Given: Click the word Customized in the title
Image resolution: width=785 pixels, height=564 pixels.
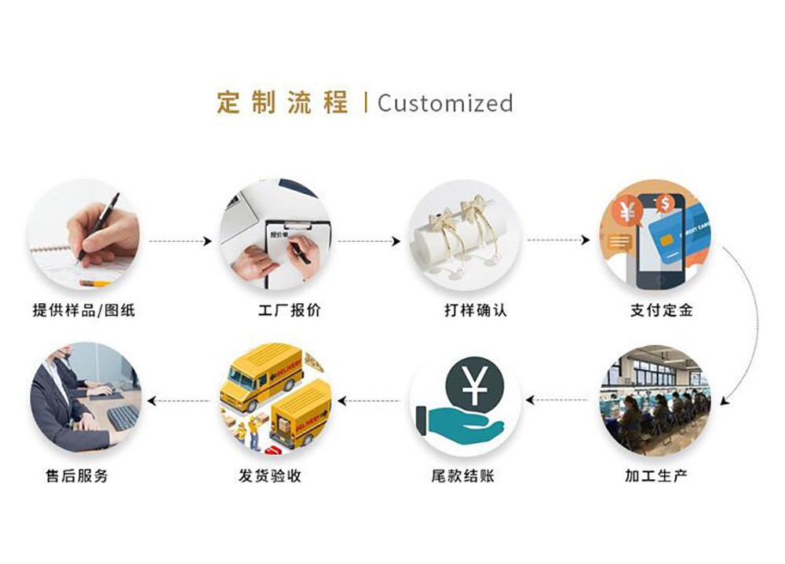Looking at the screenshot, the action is (x=445, y=103).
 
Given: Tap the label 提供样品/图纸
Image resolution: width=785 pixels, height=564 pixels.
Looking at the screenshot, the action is (x=83, y=310).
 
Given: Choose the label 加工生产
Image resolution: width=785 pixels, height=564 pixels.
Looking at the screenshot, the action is (x=656, y=475).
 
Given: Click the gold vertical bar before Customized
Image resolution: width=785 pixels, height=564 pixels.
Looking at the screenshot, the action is (x=366, y=103).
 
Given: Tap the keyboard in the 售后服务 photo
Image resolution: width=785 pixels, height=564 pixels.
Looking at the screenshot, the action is (x=122, y=416).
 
